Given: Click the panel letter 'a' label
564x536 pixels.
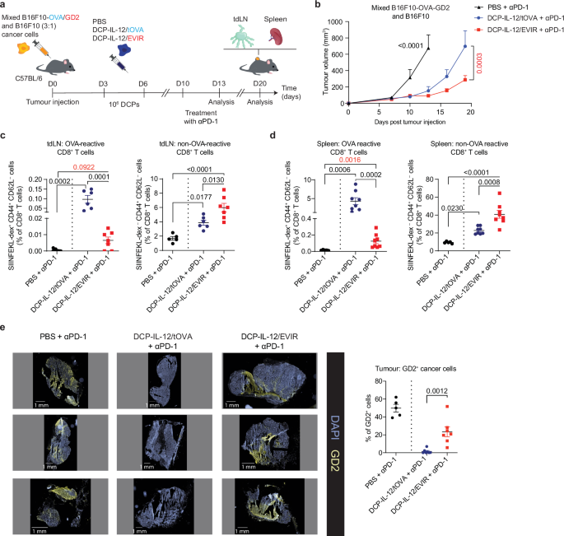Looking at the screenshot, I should (6, 6).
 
